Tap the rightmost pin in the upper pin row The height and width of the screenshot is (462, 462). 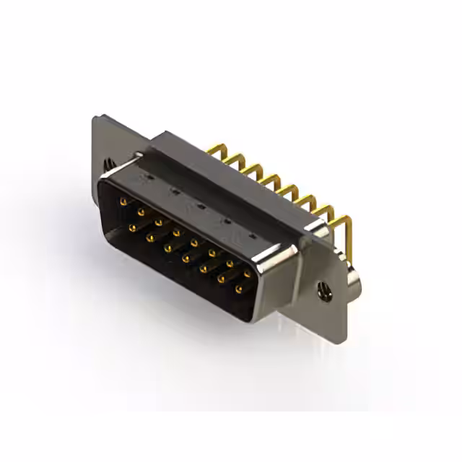click(x=248, y=274)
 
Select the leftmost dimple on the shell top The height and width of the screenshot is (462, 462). click(x=147, y=177)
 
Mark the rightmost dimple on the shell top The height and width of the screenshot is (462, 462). click(x=252, y=236)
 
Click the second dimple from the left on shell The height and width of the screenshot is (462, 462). click(x=174, y=191)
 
